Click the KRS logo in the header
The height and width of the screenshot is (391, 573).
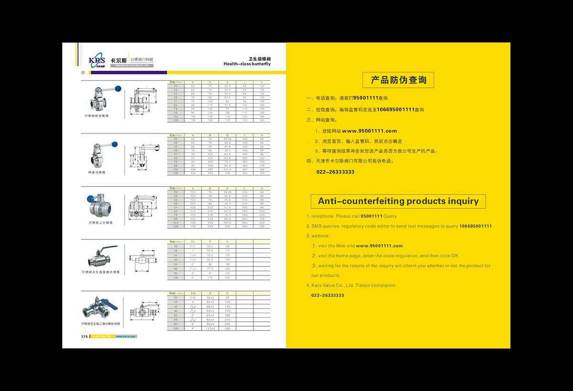click(x=96, y=61)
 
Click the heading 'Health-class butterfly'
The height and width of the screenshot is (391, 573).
click(x=247, y=64)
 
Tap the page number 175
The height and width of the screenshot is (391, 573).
click(x=85, y=336)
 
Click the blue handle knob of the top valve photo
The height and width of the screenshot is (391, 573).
click(x=118, y=88)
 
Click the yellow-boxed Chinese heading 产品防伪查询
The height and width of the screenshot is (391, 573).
click(x=398, y=80)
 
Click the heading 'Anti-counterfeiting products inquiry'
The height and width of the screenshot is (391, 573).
click(x=398, y=201)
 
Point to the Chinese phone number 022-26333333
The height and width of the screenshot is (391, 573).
click(x=335, y=172)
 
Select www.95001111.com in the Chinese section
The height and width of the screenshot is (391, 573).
click(x=370, y=131)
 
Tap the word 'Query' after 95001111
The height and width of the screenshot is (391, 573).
click(x=390, y=216)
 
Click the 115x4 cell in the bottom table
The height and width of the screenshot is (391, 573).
click(x=211, y=329)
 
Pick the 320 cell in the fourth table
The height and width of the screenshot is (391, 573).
click(x=227, y=277)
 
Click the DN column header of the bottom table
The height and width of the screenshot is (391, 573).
click(x=193, y=293)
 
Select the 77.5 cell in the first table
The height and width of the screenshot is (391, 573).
click(x=227, y=105)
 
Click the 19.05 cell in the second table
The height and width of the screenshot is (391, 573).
click(x=227, y=139)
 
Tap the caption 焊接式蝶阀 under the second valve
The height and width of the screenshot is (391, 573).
click(x=96, y=172)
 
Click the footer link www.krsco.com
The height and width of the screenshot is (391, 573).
click(x=126, y=336)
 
